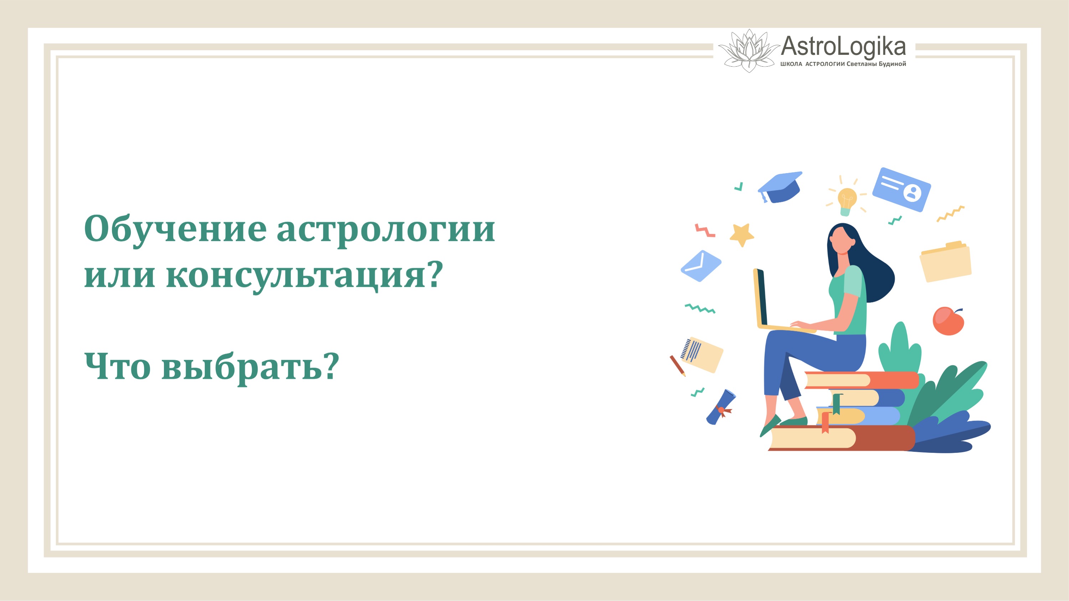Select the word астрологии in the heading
pos(386,230)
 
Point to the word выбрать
pos(241,367)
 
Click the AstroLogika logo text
pos(843,46)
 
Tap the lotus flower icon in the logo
pos(749,51)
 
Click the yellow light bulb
pos(847,200)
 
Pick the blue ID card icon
pos(901,190)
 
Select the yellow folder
pos(946,262)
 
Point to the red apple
pos(948,321)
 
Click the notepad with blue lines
pos(702,354)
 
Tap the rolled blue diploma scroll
pos(721,407)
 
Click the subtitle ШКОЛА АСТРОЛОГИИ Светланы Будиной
pos(843,64)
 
